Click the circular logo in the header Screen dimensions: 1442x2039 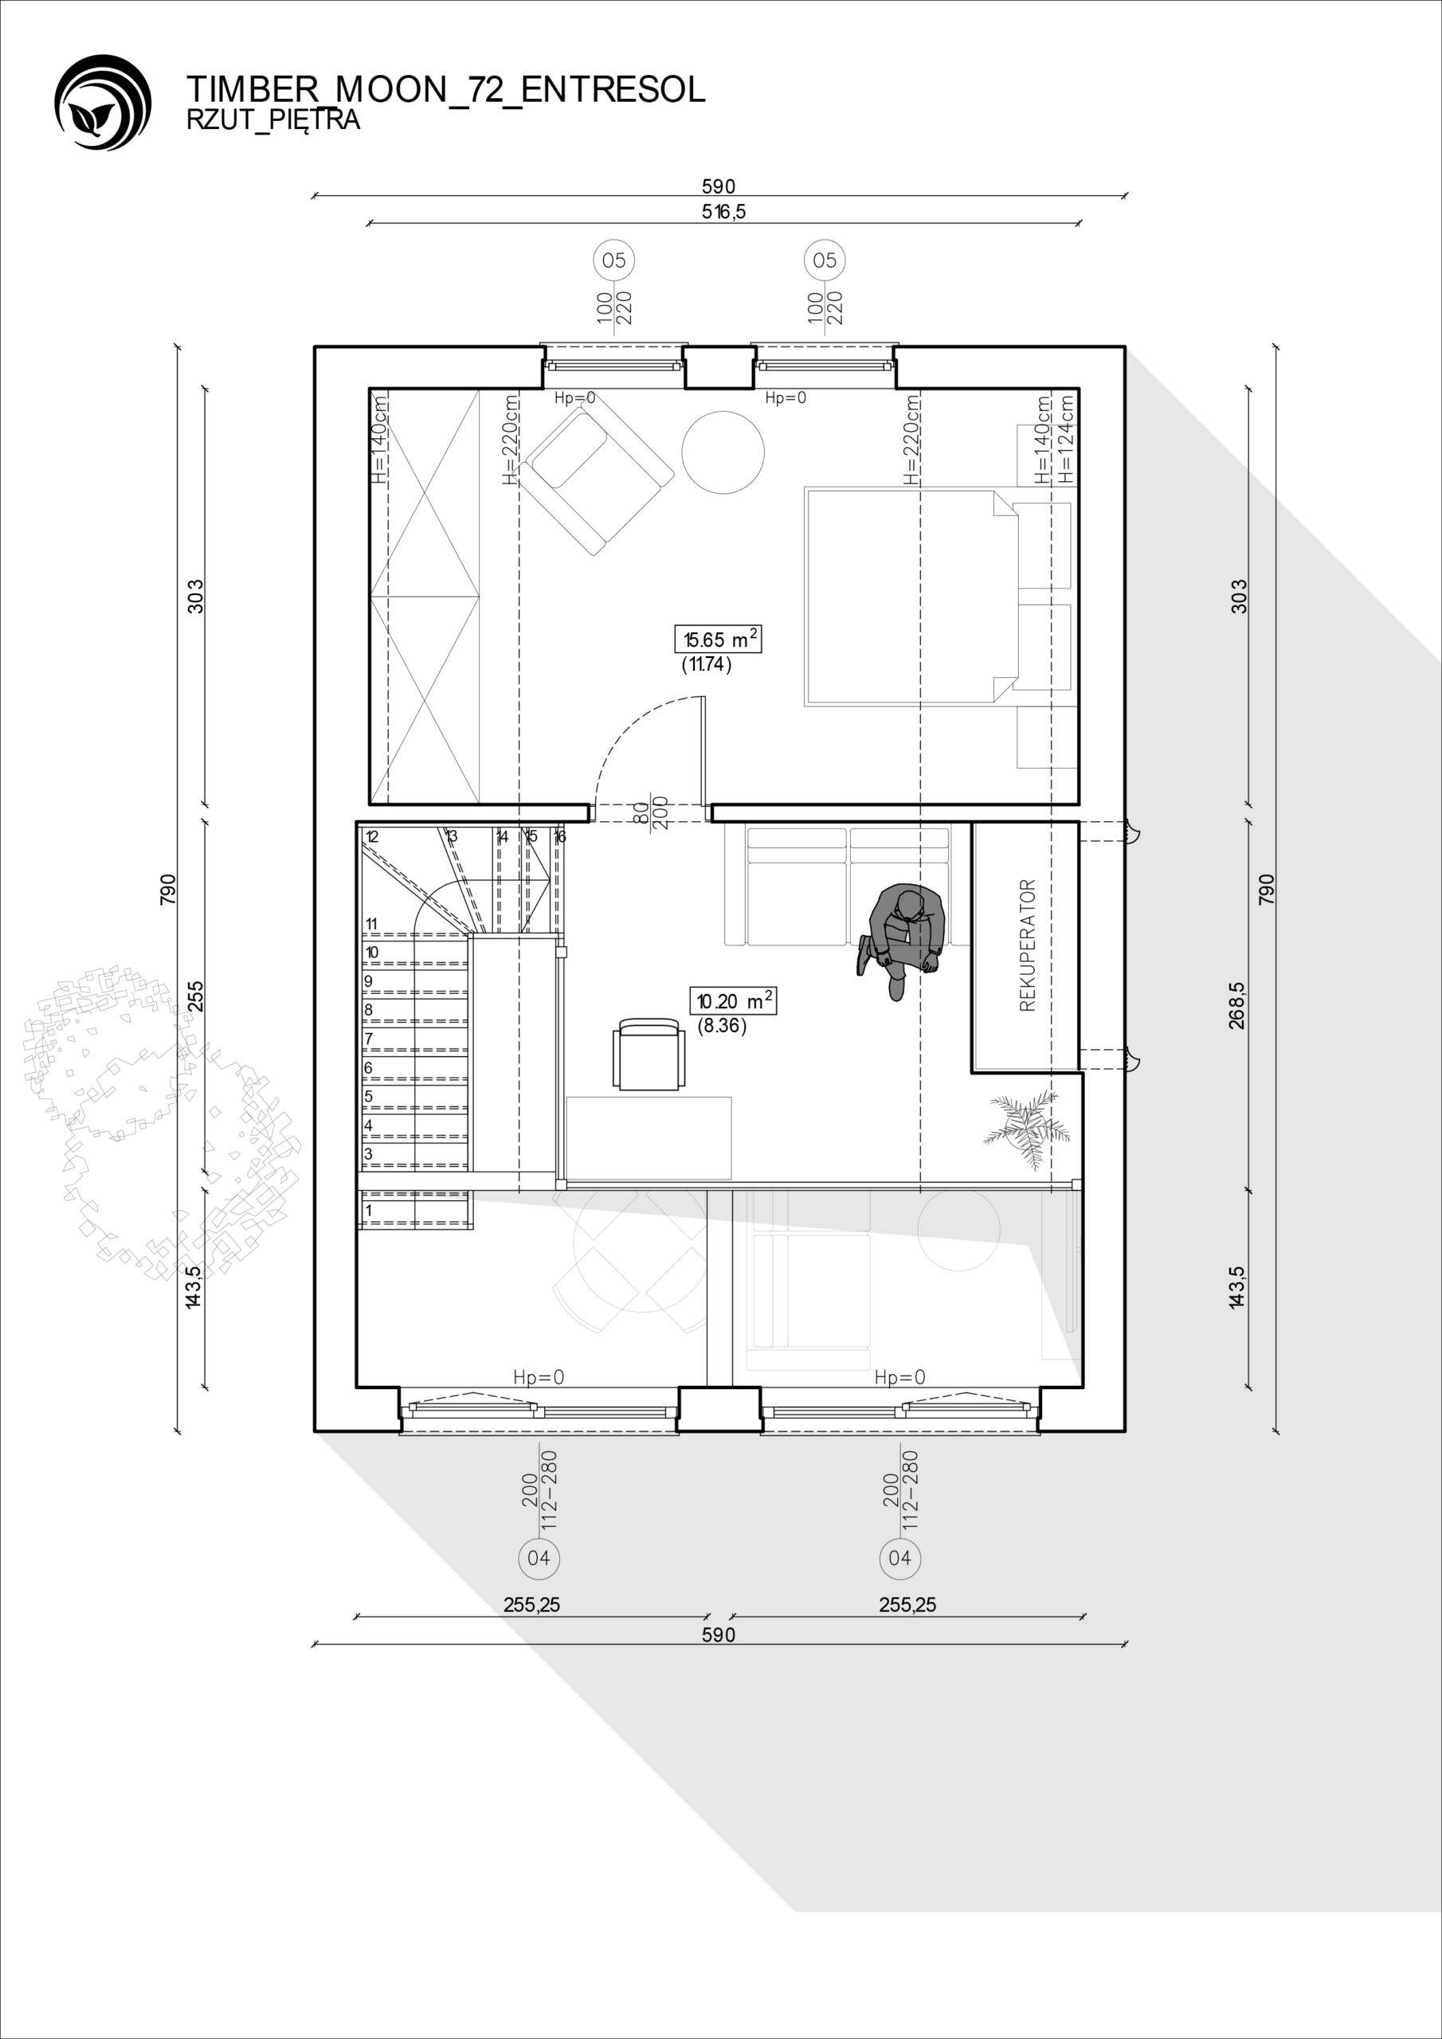click(x=102, y=102)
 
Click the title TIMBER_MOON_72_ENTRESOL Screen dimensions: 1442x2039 click(x=446, y=90)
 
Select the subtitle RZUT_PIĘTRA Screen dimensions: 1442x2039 click(x=272, y=121)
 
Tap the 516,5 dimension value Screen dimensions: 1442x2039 click(x=724, y=211)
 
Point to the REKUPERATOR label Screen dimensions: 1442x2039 click(x=1028, y=945)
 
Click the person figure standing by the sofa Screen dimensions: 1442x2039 click(x=900, y=941)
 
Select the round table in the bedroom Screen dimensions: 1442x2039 click(x=723, y=452)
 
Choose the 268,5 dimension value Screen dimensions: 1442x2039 click(x=1237, y=1005)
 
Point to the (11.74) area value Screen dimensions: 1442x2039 click(x=707, y=664)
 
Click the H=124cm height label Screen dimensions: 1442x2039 click(x=1066, y=439)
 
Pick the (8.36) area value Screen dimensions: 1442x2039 click(x=722, y=1026)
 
